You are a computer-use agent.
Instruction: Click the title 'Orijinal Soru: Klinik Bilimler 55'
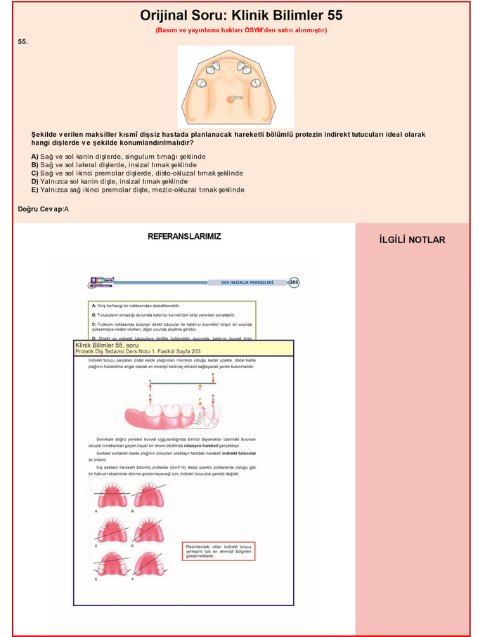(241, 15)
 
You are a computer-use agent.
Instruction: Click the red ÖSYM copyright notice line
(241, 30)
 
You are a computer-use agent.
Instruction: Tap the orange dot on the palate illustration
(230, 100)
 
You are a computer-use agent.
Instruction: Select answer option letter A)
(35, 156)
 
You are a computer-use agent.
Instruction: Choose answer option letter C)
(35, 173)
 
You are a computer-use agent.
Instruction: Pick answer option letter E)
(35, 190)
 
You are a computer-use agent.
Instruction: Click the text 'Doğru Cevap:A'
(44, 209)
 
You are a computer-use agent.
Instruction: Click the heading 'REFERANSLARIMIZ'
(184, 237)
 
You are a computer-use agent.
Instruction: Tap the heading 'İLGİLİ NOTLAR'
(412, 240)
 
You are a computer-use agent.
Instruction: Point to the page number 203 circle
(294, 282)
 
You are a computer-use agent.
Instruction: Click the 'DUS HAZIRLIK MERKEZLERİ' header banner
(247, 282)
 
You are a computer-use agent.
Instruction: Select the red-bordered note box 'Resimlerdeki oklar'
(218, 551)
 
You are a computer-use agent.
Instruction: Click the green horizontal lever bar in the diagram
(181, 383)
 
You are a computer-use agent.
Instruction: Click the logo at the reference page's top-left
(102, 282)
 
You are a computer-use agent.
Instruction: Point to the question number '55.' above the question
(23, 42)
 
